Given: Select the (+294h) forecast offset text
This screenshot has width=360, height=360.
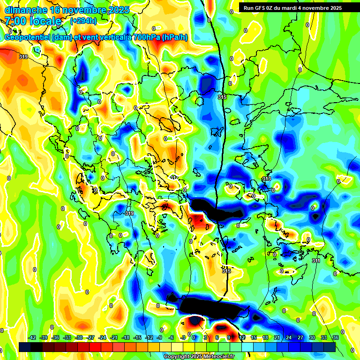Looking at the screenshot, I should [x=83, y=21].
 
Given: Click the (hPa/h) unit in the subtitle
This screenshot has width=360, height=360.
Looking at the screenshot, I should [x=174, y=37].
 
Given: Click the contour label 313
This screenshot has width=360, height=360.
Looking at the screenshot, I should [x=266, y=179].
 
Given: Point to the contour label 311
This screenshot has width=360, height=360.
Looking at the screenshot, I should [x=316, y=261].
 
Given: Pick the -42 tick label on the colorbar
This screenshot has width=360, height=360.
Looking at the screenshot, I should [x=33, y=337].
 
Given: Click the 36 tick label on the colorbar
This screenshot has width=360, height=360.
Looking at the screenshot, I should [x=336, y=337].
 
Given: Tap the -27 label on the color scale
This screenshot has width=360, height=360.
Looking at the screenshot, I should [x=91, y=337].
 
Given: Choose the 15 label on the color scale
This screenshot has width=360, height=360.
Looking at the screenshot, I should [x=254, y=337].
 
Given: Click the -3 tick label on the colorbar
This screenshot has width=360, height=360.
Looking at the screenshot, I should [x=183, y=337].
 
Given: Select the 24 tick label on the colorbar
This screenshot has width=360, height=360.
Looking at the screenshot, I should [x=289, y=337].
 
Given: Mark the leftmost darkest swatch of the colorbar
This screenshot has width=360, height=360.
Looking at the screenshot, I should [x=25, y=347].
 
